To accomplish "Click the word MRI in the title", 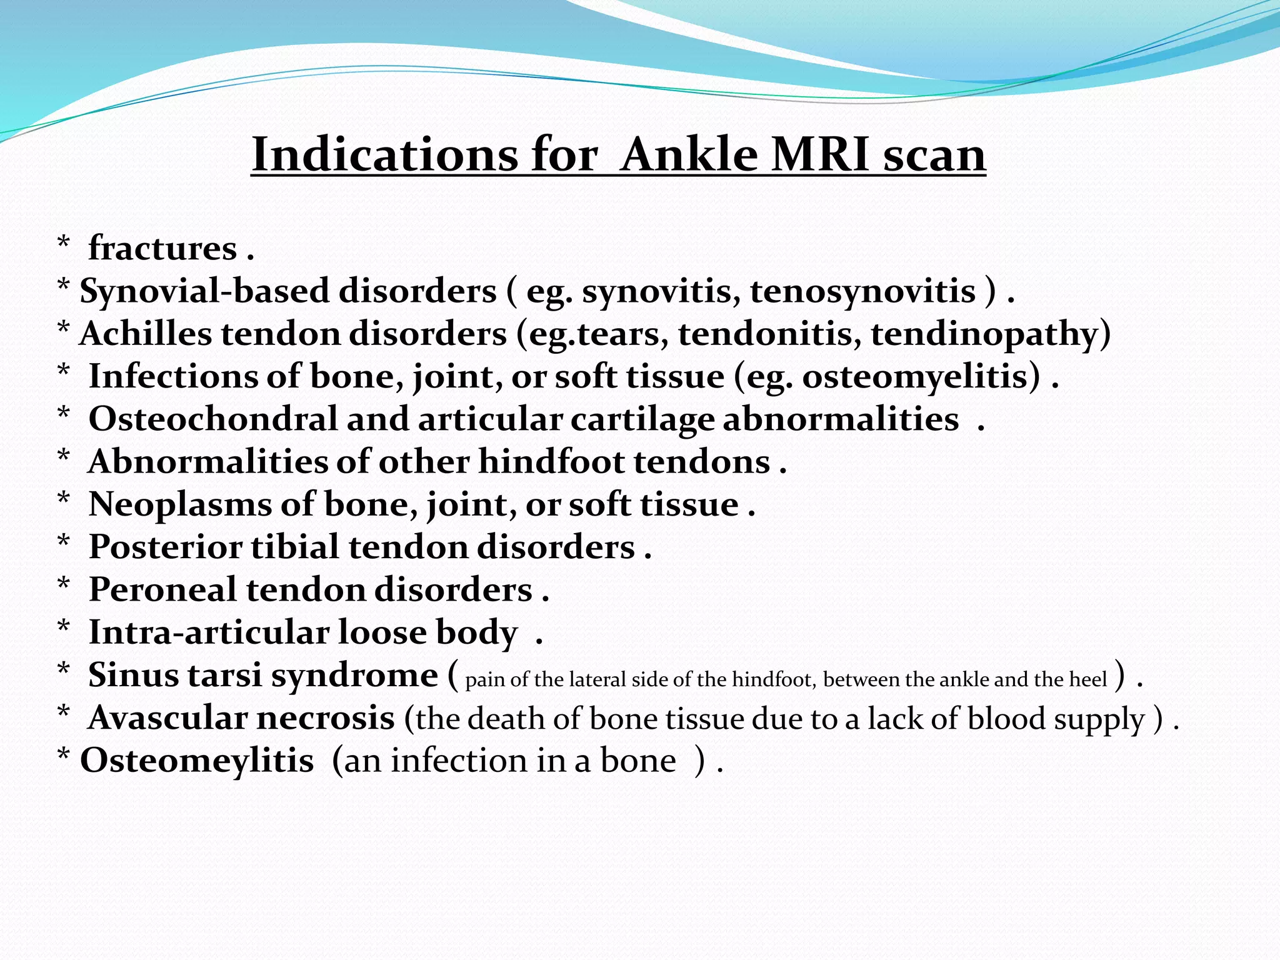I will point(821,154).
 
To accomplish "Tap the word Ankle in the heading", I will point(689,154).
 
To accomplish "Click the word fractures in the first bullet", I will point(162,249).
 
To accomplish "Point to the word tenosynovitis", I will point(862,292).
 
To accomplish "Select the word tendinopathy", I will point(991,335).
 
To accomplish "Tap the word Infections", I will point(172,377).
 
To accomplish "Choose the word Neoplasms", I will point(180,505).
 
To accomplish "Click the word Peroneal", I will point(162,590).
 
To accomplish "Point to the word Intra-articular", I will point(209,632).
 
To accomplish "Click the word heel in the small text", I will point(1089,679).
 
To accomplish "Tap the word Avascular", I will point(167,718).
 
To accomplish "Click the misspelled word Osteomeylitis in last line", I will point(197,761).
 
